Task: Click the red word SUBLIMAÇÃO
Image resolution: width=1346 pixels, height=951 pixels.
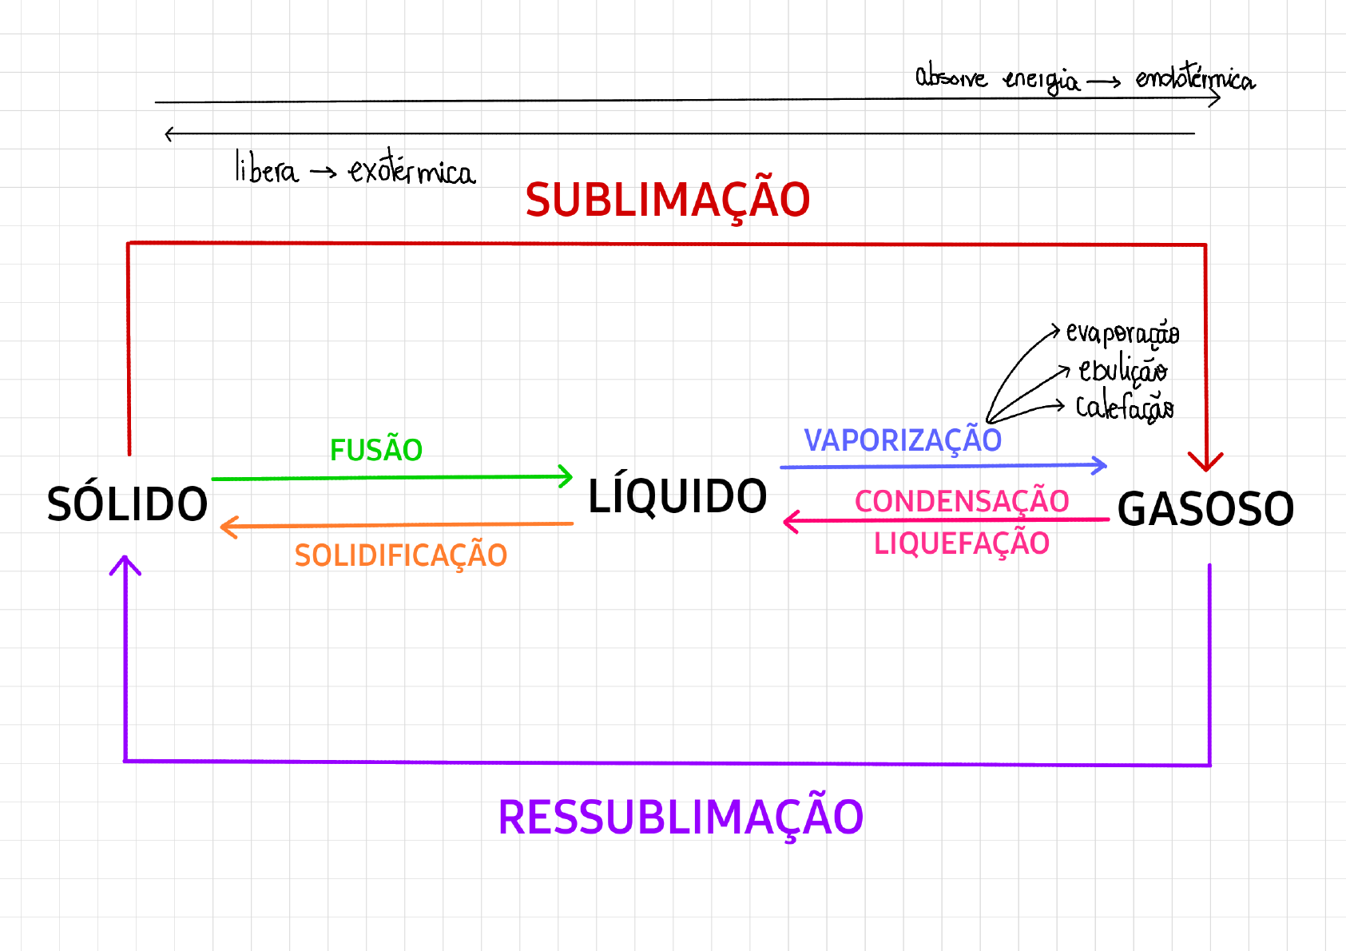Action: coord(668,200)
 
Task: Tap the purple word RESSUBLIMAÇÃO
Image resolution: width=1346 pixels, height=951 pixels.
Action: coord(681,818)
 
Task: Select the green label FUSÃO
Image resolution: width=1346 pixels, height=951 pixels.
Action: coord(376,451)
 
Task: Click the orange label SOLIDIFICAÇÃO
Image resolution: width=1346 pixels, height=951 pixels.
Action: coord(401,555)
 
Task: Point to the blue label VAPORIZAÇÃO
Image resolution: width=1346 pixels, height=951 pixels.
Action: coord(903,440)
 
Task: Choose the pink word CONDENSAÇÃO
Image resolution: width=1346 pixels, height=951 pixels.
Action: coord(962,502)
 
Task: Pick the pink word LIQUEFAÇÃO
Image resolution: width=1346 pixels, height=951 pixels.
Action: coord(962,544)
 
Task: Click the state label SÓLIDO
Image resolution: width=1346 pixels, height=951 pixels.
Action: coord(127,504)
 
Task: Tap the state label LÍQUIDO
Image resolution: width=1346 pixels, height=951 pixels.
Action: coord(677,496)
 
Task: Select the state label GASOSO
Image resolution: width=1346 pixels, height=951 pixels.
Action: coord(1205,509)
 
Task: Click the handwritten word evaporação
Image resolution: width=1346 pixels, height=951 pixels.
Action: coord(1122,332)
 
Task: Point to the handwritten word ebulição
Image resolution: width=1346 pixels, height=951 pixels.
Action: coord(1122,370)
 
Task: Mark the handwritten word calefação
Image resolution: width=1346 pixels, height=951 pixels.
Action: coord(1125,408)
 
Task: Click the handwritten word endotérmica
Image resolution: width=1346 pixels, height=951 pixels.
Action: coord(1195,78)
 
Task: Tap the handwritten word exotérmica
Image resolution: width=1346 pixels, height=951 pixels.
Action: coord(411,169)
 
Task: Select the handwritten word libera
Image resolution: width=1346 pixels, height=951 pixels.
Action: coord(266,169)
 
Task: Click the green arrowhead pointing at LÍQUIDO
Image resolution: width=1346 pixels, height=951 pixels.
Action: coord(566,476)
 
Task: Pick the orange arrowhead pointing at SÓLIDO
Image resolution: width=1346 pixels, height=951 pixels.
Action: coord(227,527)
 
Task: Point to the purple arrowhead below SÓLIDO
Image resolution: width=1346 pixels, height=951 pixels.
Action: coord(125,564)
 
